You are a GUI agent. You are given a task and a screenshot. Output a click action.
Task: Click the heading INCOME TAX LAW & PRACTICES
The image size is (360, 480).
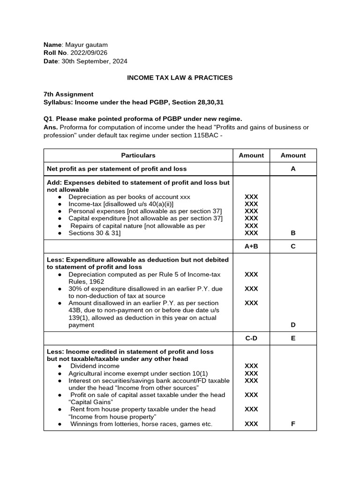(180, 78)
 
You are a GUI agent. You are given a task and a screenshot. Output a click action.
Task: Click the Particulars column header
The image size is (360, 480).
(138, 155)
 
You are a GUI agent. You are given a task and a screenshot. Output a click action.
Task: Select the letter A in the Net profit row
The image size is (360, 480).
(293, 169)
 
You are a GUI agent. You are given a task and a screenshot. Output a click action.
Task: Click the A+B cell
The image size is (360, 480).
(251, 246)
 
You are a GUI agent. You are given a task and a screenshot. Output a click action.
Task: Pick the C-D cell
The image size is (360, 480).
(251, 338)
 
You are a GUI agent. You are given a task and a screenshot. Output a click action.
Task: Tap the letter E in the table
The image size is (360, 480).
(293, 338)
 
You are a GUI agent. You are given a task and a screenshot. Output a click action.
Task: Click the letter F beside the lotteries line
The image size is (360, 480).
(293, 424)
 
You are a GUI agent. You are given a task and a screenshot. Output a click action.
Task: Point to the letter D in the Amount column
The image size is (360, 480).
(293, 325)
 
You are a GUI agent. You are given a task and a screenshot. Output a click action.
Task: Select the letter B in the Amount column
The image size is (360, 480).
(293, 233)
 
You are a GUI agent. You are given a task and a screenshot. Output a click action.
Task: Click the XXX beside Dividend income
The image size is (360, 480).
(251, 366)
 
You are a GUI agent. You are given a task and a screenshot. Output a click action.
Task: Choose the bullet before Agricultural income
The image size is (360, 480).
(60, 374)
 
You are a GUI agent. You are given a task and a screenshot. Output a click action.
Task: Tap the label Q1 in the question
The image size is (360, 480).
(48, 119)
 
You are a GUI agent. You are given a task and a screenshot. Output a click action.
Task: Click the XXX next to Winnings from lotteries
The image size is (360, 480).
(251, 424)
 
